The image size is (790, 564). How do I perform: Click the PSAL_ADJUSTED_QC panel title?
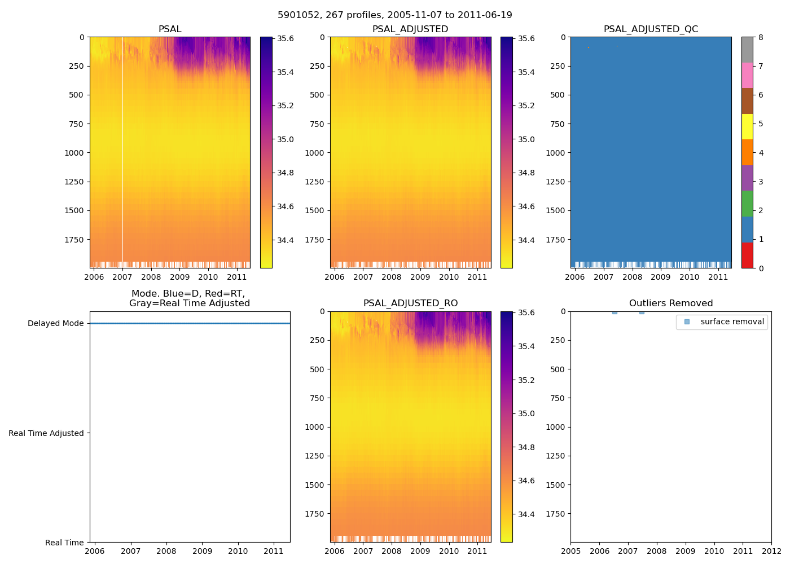pyautogui.click(x=651, y=29)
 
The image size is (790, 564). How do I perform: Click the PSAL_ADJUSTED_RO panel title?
pyautogui.click(x=410, y=303)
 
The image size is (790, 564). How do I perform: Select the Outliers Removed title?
pyautogui.click(x=671, y=303)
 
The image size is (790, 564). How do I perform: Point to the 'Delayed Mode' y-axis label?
pyautogui.click(x=55, y=324)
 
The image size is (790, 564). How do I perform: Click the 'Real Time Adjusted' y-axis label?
pyautogui.click(x=46, y=433)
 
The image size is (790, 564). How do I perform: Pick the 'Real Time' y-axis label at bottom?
pyautogui.click(x=64, y=543)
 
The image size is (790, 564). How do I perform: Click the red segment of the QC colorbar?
pyautogui.click(x=747, y=255)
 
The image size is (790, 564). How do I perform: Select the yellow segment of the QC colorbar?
pyautogui.click(x=747, y=127)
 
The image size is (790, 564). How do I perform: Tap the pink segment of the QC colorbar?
pyautogui.click(x=747, y=76)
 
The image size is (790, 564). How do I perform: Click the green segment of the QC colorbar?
pyautogui.click(x=747, y=204)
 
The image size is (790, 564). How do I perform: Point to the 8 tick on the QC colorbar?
pyautogui.click(x=761, y=38)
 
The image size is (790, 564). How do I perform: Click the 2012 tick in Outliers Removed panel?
pyautogui.click(x=771, y=551)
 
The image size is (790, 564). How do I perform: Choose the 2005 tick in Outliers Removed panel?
pyautogui.click(x=570, y=551)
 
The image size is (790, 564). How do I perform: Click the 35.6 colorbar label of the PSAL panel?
pyautogui.click(x=285, y=39)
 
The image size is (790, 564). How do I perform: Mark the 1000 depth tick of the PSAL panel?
pyautogui.click(x=76, y=153)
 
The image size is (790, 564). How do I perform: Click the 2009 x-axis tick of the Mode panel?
pyautogui.click(x=202, y=551)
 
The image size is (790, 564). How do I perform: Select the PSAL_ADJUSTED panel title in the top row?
pyautogui.click(x=410, y=29)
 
